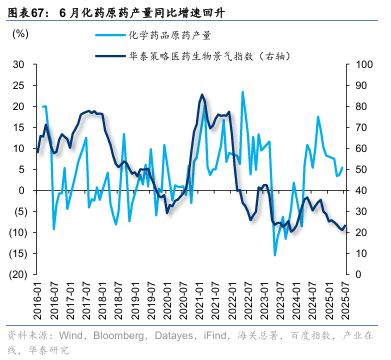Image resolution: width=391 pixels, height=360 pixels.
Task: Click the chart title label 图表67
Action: (x=27, y=12)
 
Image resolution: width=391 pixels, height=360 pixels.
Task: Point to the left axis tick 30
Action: (x=20, y=63)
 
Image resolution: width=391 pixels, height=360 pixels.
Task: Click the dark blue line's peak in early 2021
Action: (x=202, y=96)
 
